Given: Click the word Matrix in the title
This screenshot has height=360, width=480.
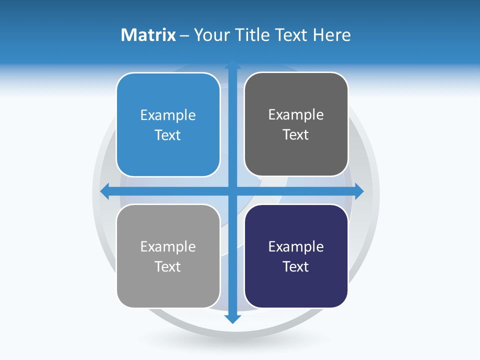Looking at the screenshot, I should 148,35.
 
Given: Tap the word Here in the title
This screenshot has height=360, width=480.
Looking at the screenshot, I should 331,35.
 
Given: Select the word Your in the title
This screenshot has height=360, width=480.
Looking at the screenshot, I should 212,35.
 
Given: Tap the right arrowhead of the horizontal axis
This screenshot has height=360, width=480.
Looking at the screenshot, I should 359,191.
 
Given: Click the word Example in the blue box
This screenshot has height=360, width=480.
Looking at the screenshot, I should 168,115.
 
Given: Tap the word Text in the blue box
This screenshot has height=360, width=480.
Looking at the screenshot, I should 168,135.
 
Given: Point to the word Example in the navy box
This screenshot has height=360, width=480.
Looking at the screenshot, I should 296,246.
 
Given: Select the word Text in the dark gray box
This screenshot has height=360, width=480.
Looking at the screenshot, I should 296,135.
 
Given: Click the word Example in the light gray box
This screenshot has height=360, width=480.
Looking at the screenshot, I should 168,246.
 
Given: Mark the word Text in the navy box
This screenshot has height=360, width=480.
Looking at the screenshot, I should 296,266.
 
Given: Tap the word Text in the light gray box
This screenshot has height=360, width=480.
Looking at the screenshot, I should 168,266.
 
